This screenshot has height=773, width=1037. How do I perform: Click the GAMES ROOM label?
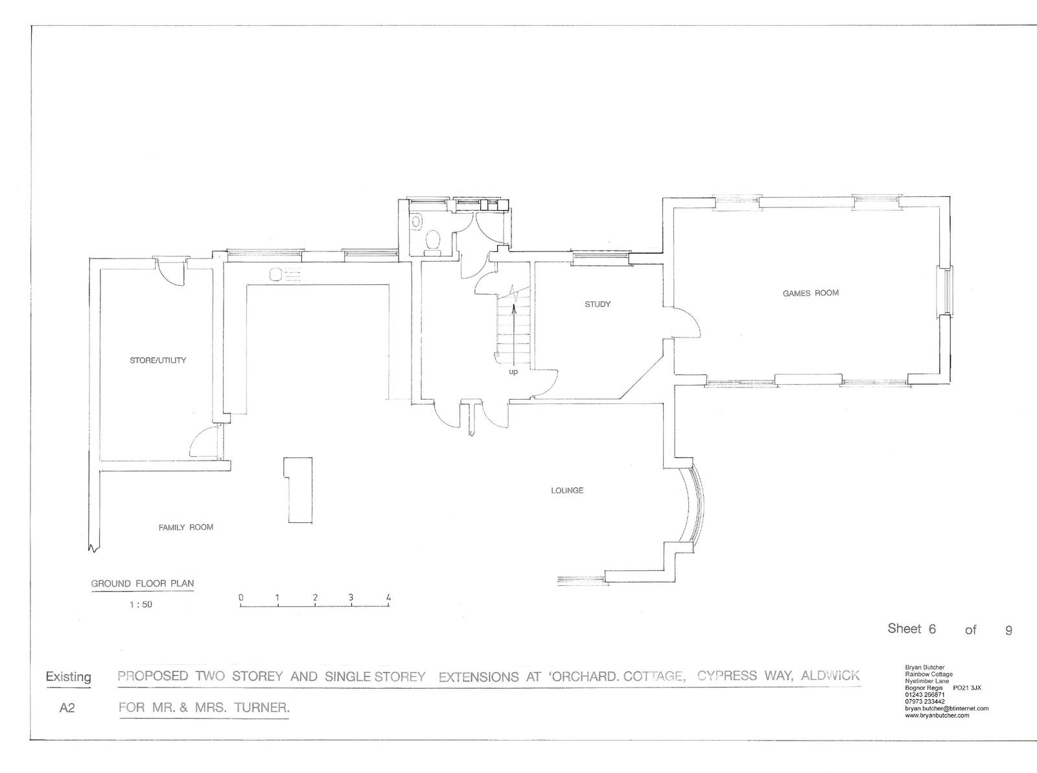click(x=811, y=293)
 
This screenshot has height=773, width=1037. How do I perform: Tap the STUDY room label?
click(x=598, y=304)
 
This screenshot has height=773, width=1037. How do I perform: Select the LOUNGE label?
click(x=567, y=490)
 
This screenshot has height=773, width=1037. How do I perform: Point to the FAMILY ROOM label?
click(x=185, y=527)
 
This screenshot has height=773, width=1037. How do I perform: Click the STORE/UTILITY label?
click(x=157, y=360)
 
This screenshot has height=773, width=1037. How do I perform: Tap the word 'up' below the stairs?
click(x=513, y=372)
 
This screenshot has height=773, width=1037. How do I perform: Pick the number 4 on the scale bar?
click(x=388, y=598)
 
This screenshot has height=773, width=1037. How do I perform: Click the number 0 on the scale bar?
click(x=241, y=598)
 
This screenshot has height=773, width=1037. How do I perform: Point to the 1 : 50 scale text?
click(x=141, y=605)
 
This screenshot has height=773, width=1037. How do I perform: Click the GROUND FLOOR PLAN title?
click(x=142, y=583)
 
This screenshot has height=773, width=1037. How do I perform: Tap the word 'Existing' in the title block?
click(x=69, y=676)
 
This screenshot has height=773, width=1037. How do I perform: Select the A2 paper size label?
click(x=67, y=708)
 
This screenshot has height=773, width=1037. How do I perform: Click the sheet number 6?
click(x=932, y=629)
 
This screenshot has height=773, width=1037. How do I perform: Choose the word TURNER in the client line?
click(x=262, y=708)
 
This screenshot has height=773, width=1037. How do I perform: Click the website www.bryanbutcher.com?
click(x=937, y=715)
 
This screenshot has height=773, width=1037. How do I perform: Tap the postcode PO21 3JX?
click(x=966, y=688)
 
